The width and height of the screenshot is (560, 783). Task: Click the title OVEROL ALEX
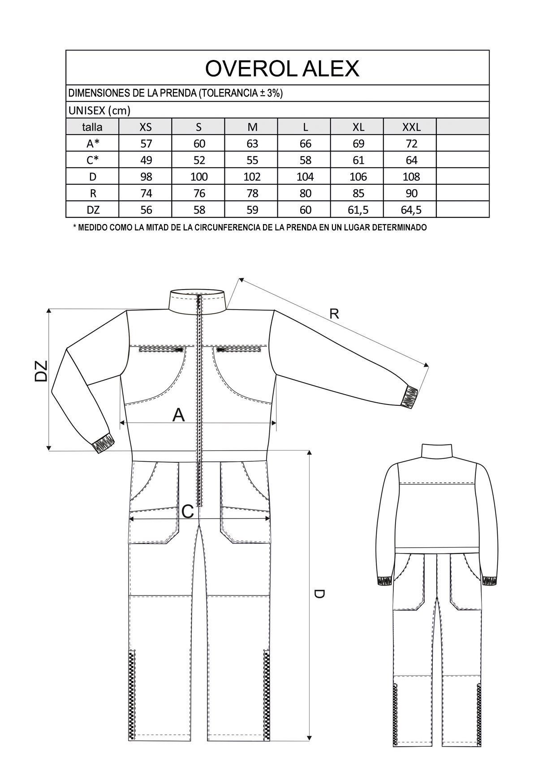282,68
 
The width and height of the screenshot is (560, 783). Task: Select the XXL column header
411,127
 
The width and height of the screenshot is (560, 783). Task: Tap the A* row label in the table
93,144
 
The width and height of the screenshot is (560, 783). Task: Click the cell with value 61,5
358,210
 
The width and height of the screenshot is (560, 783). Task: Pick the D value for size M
252,177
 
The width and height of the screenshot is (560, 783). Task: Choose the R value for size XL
358,193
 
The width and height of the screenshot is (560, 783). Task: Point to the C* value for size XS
146,160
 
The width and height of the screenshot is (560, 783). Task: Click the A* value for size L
305,144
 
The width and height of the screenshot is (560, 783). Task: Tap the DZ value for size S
199,210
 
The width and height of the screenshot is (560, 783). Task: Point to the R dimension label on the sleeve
334,314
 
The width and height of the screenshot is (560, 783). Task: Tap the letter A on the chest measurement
179,415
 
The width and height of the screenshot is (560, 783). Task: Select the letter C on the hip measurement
188,511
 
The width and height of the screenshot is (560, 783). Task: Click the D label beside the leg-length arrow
319,594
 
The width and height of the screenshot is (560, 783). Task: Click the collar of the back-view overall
437,451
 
